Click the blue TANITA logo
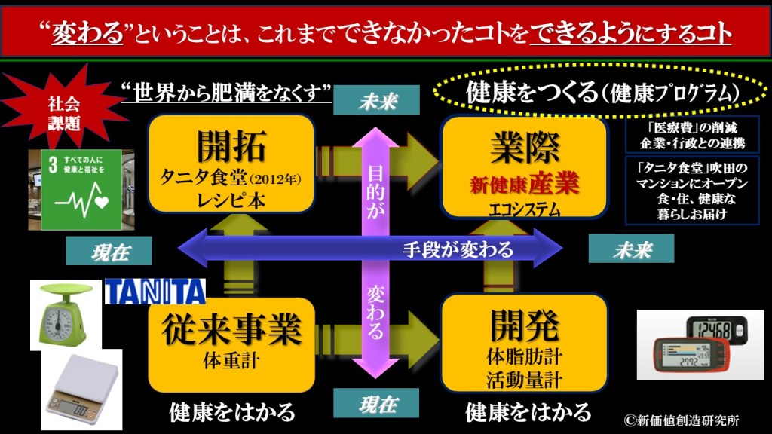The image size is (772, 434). coord(155,291)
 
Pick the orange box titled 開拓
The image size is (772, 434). coord(231,163)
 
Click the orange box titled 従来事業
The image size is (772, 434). coord(231,343)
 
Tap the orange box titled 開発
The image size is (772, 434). coord(524,343)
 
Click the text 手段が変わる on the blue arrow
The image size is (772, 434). coord(458,249)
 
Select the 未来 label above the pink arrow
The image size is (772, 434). coord(377,101)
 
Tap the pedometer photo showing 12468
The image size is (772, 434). coord(700,344)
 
